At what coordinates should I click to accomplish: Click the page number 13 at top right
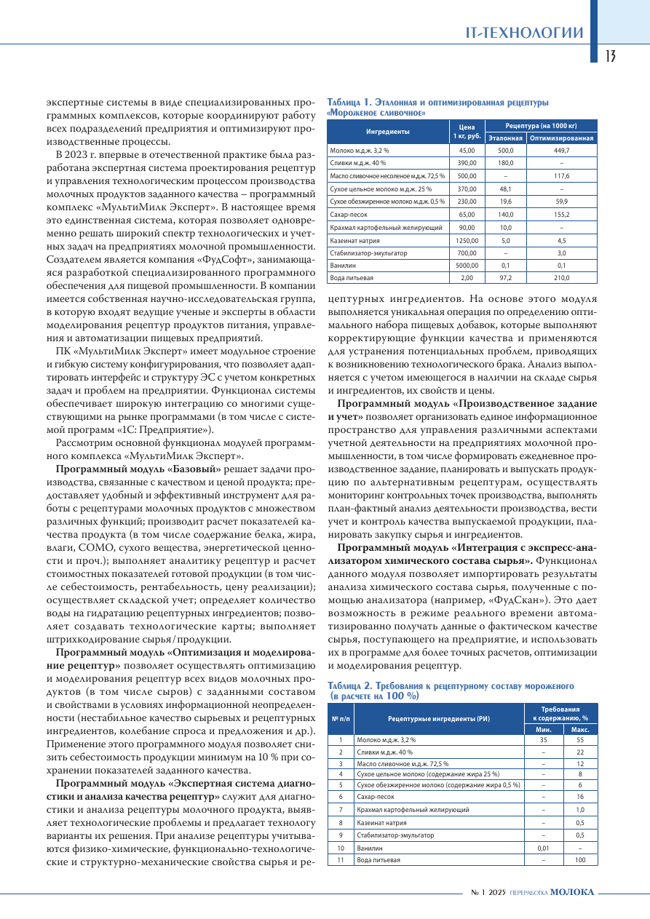click(x=610, y=56)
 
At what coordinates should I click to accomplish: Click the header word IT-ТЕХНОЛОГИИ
click(x=525, y=33)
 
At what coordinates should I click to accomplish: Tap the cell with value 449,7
click(x=561, y=151)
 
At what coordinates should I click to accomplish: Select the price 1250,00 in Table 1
click(x=467, y=240)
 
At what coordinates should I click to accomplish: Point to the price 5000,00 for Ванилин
click(x=467, y=266)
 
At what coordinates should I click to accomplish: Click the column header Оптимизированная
click(x=561, y=138)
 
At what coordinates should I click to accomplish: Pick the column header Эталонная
click(x=505, y=138)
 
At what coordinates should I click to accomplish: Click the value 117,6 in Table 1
click(x=561, y=176)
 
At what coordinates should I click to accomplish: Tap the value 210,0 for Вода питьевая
click(x=561, y=278)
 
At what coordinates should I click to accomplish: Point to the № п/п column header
click(x=341, y=718)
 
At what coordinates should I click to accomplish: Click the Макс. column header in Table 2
click(x=580, y=729)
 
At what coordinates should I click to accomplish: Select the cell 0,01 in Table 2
click(x=543, y=848)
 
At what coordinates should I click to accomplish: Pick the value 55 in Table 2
click(x=580, y=739)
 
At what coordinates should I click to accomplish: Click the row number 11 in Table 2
click(x=341, y=860)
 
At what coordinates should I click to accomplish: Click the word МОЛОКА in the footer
click(x=572, y=892)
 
